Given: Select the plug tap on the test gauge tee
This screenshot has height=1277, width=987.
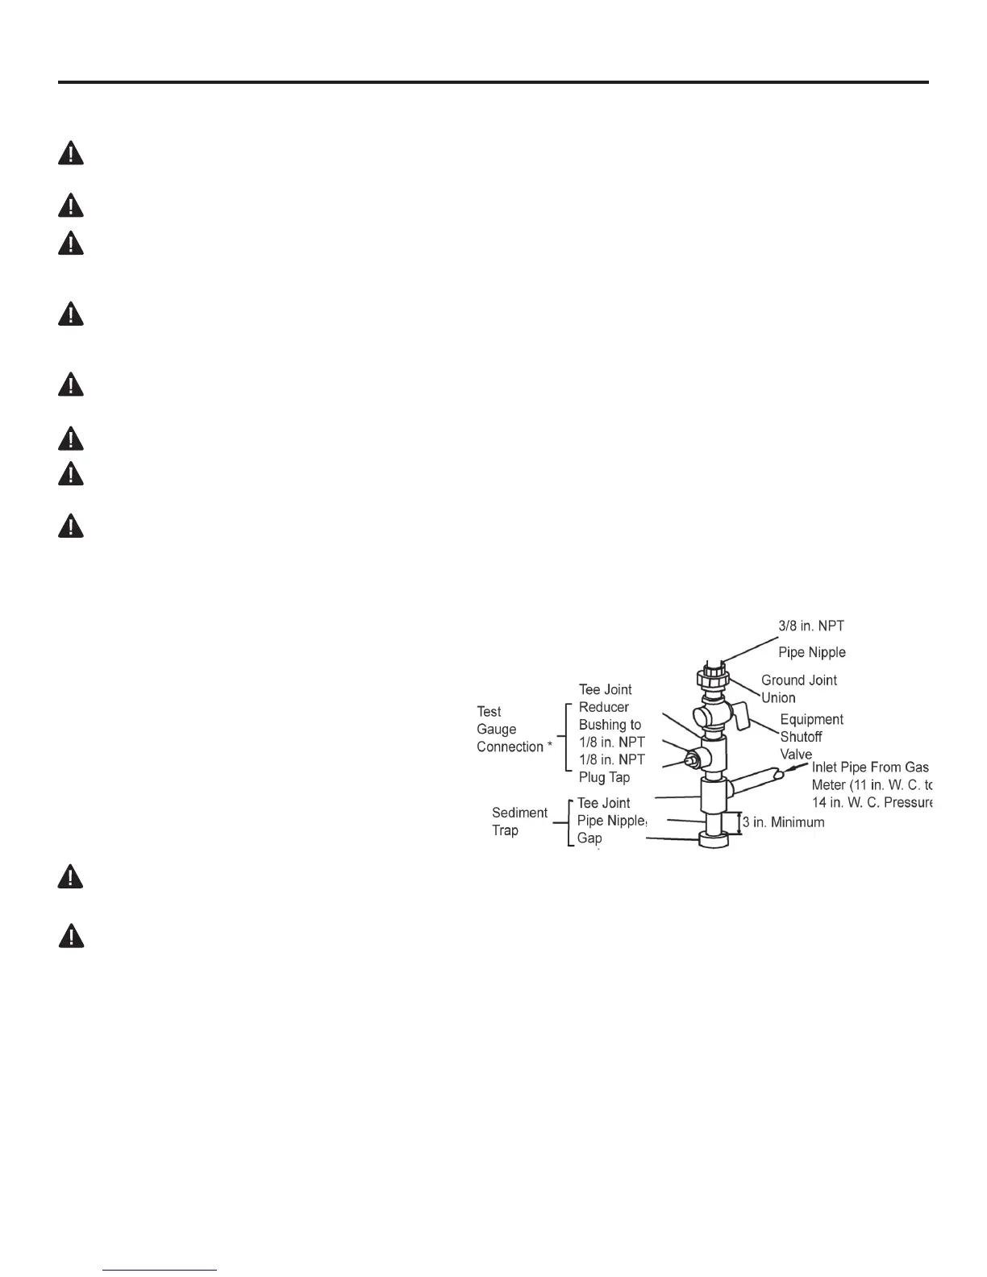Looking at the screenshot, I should pyautogui.click(x=691, y=758).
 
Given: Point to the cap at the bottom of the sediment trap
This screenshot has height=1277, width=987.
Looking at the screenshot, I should pyautogui.click(x=714, y=841).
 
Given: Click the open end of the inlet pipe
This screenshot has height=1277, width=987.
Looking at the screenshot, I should pyautogui.click(x=779, y=775).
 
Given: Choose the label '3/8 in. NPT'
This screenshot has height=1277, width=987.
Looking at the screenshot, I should pyautogui.click(x=811, y=626).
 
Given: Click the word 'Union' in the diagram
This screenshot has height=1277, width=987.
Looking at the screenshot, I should pyautogui.click(x=778, y=698).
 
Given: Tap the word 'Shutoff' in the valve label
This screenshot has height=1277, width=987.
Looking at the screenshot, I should pyautogui.click(x=801, y=737).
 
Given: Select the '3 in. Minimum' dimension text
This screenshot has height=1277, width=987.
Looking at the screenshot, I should pyautogui.click(x=783, y=822).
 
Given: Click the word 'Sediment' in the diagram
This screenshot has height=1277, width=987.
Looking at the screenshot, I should pyautogui.click(x=519, y=813).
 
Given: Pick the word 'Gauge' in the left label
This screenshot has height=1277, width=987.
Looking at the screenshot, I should pyautogui.click(x=496, y=729).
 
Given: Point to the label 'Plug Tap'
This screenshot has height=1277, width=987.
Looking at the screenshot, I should pyautogui.click(x=604, y=777).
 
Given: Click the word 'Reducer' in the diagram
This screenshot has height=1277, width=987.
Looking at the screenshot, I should pyautogui.click(x=603, y=707).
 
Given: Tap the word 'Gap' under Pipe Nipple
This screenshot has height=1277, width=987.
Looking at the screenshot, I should pyautogui.click(x=589, y=838).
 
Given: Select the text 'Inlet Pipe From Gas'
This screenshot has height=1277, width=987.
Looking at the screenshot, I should pyautogui.click(x=870, y=767).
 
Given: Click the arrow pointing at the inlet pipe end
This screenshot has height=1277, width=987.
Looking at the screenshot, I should pyautogui.click(x=798, y=772).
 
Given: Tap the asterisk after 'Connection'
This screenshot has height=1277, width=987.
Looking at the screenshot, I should pyautogui.click(x=550, y=745).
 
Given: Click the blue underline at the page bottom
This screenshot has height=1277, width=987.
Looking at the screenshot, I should pyautogui.click(x=160, y=1271).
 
